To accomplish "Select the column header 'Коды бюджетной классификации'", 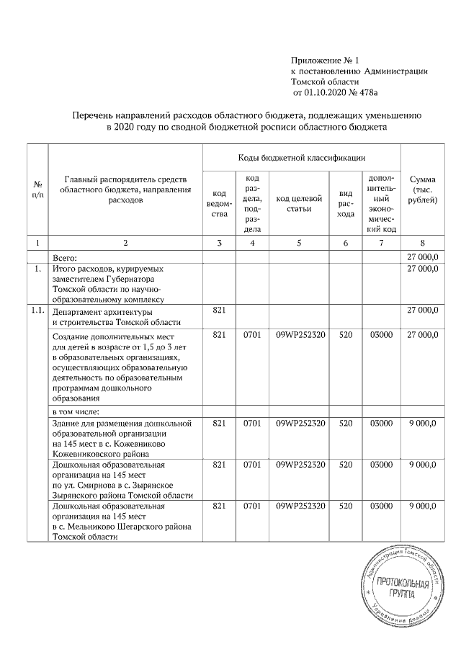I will pyautogui.click(x=302, y=156).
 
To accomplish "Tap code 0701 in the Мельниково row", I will pyautogui.click(x=252, y=506).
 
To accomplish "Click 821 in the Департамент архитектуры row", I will pyautogui.click(x=219, y=311).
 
